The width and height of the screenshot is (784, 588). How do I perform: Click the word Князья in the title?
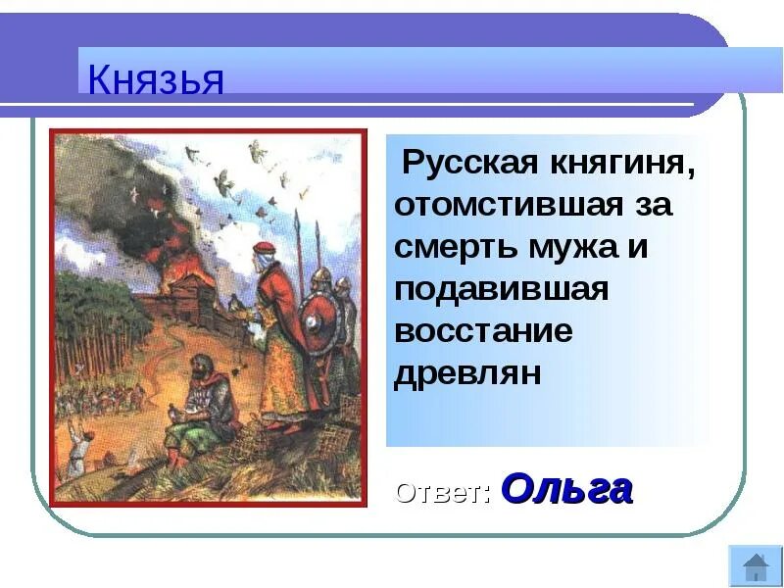[156, 78]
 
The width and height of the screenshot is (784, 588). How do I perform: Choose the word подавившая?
[501, 289]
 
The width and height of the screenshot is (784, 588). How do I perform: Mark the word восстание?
[483, 331]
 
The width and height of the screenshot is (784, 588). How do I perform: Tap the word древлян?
[467, 373]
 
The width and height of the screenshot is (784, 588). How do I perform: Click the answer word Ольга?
[566, 487]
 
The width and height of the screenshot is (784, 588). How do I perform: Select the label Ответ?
[443, 491]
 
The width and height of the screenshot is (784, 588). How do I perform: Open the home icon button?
[755, 566]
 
